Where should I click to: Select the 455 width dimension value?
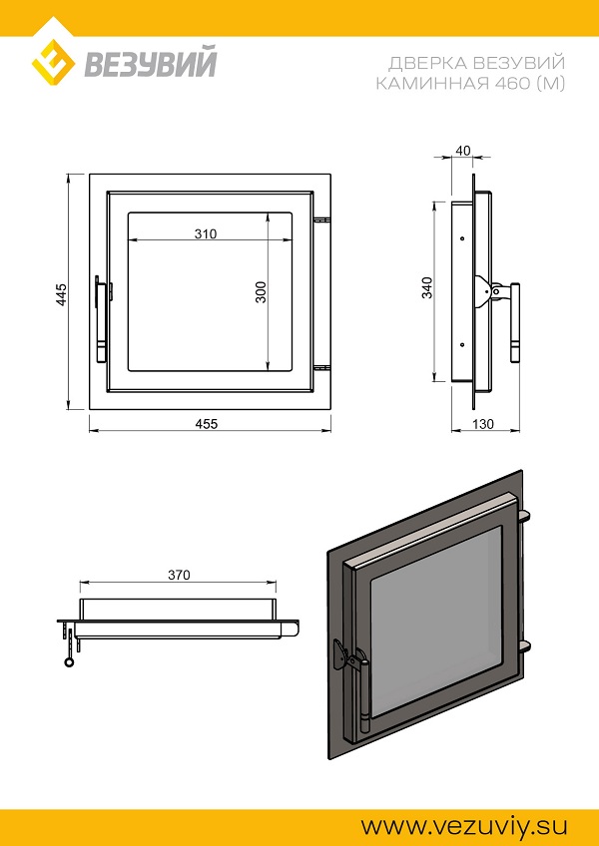tap(207, 424)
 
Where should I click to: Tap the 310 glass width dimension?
tap(206, 233)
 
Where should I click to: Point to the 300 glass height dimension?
tap(262, 292)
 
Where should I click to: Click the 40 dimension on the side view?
tap(463, 151)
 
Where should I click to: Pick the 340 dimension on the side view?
tap(427, 287)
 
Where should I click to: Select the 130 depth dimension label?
tap(483, 424)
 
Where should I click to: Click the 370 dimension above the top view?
tap(179, 576)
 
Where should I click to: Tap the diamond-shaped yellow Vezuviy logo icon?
tap(53, 60)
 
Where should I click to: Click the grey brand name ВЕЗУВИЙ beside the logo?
tap(151, 62)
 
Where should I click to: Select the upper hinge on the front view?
tap(321, 220)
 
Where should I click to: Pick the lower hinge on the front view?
tap(321, 368)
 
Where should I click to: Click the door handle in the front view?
tap(103, 318)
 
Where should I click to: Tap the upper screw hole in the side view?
tap(462, 238)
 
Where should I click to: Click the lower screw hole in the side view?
tap(462, 344)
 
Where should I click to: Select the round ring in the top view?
tap(70, 662)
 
